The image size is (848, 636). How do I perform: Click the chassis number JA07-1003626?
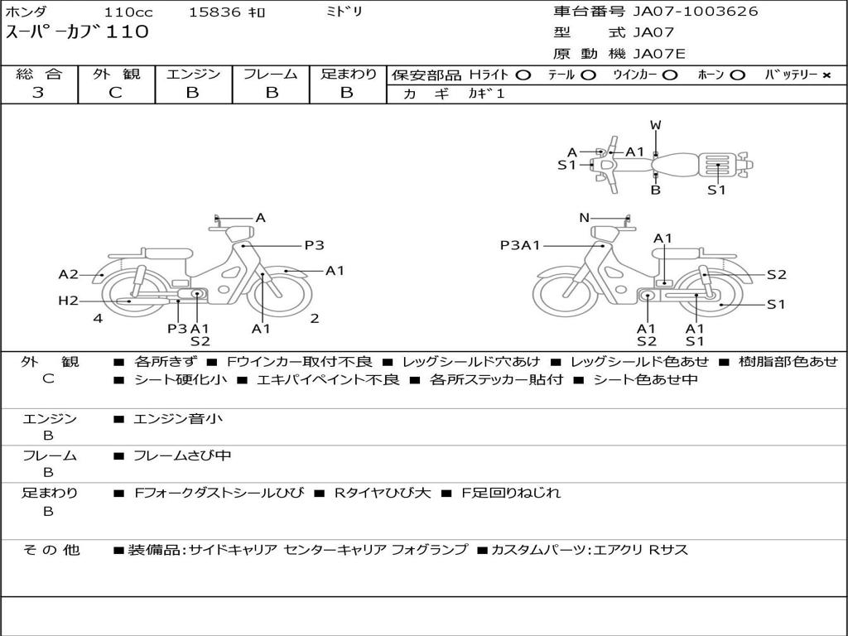(x=696, y=12)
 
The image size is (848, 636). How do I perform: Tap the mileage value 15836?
(x=214, y=12)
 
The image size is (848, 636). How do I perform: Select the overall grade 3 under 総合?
(x=38, y=93)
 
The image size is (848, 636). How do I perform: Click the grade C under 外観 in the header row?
(x=115, y=93)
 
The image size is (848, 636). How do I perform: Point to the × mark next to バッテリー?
(x=826, y=75)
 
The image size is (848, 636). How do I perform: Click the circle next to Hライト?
(x=523, y=75)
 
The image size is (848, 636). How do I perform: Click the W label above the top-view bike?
(x=656, y=126)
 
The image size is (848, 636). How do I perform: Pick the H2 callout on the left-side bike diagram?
(x=68, y=301)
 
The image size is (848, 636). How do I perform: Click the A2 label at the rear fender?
(x=68, y=275)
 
